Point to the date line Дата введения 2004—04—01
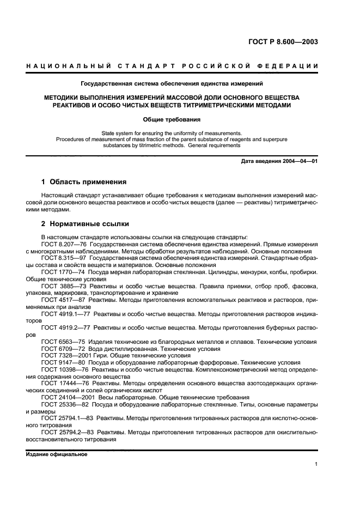coord(279,161)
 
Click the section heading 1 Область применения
coord(84,181)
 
